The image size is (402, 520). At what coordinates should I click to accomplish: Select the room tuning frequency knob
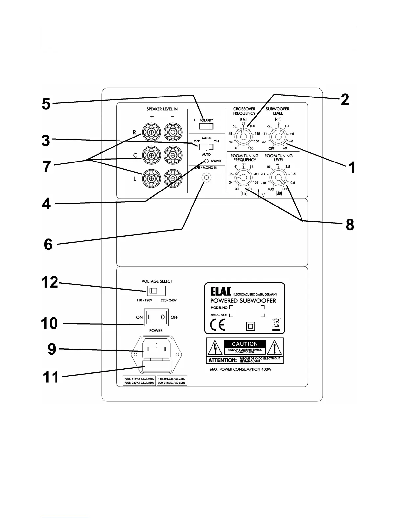click(243, 178)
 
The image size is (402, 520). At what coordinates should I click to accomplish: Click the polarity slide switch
click(207, 127)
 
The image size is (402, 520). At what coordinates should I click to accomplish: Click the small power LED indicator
click(206, 161)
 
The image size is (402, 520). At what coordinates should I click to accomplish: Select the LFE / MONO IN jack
click(206, 178)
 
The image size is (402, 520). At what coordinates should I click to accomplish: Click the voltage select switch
click(156, 291)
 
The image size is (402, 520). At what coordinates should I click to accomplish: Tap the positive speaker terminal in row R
click(151, 132)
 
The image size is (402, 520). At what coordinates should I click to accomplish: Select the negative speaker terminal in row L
click(172, 178)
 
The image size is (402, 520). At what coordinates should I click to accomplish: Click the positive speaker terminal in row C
click(151, 155)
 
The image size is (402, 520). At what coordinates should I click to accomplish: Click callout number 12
click(49, 282)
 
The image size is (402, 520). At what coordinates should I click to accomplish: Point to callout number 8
click(350, 225)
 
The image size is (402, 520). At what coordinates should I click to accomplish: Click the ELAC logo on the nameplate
click(221, 292)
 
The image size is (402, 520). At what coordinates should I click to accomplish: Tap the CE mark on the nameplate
click(217, 326)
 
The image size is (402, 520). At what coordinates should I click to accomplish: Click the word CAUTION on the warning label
click(245, 344)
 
